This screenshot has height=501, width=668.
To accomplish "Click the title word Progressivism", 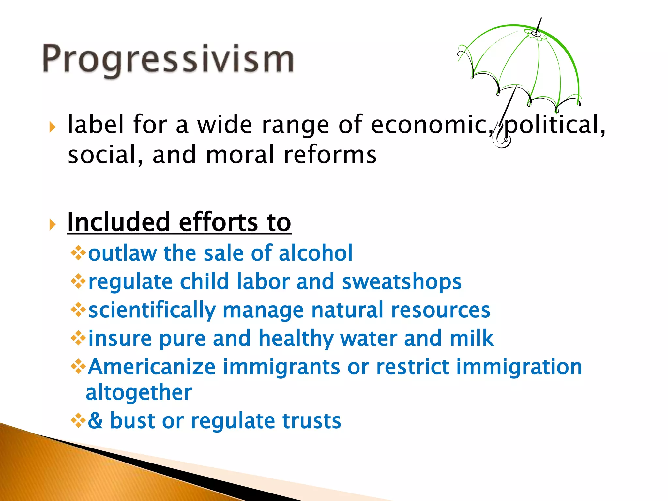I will [x=168, y=60].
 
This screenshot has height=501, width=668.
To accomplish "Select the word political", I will [x=554, y=125].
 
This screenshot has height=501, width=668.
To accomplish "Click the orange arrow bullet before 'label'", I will [x=52, y=127].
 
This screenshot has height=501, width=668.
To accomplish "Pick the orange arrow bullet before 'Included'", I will [x=52, y=224].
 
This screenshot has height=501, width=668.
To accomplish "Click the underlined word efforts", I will [x=218, y=222].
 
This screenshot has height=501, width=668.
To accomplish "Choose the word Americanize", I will [x=152, y=367].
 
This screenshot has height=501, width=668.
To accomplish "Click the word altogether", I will [x=139, y=393].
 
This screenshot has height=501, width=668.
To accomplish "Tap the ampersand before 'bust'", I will [x=95, y=420].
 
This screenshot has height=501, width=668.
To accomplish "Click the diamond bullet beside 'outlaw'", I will [x=78, y=253].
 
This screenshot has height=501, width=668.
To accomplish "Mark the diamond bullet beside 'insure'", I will [x=78, y=338].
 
